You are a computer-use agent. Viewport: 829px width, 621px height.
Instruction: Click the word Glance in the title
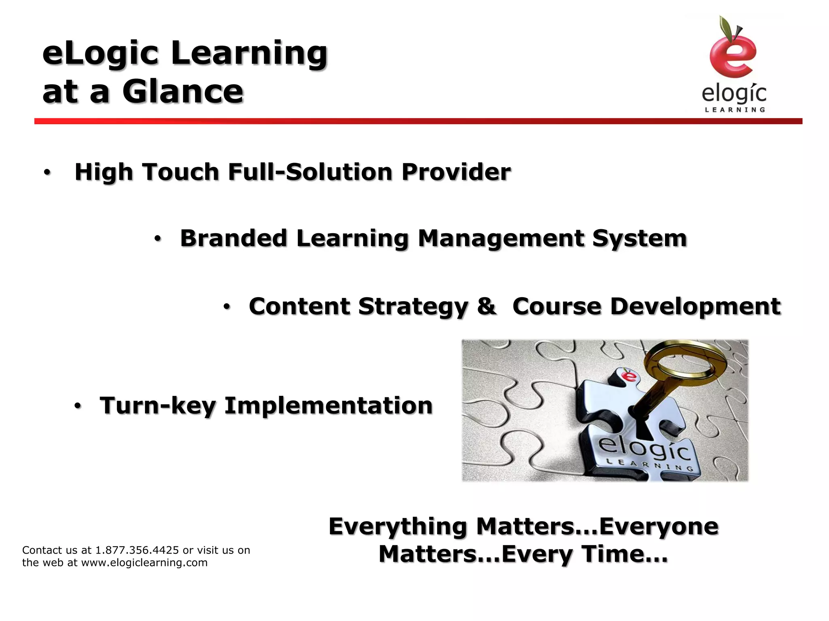pos(183,91)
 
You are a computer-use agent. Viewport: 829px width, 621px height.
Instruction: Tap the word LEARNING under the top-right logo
pos(735,110)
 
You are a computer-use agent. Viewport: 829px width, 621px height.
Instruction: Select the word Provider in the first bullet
pos(456,172)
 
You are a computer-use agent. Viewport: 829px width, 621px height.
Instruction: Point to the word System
pos(640,239)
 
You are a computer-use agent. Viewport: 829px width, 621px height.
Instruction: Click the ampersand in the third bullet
pos(485,306)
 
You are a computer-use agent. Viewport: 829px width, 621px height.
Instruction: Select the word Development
pos(695,306)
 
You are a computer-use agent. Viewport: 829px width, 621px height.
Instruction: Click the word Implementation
pos(328,406)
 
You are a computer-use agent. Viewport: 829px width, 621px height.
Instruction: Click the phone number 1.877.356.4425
pos(137,550)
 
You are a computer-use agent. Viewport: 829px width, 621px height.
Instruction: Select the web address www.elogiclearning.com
pos(145,563)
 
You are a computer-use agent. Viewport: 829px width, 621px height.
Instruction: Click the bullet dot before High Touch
pos(47,173)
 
